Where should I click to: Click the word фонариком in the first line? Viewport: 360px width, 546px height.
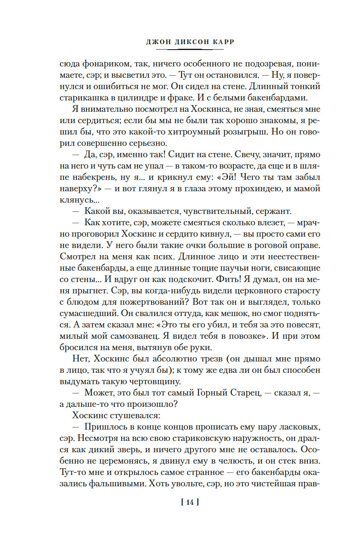point(105,64)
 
